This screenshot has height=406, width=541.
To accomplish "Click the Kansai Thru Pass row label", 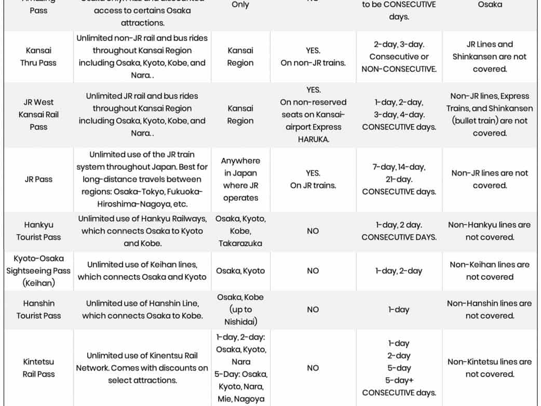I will (38, 57).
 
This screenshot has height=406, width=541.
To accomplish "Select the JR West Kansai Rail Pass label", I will (38, 114).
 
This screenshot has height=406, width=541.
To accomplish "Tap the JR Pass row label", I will (38, 179).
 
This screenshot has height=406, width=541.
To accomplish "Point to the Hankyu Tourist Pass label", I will (38, 231).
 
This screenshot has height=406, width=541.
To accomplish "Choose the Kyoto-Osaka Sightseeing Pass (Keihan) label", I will (38, 270).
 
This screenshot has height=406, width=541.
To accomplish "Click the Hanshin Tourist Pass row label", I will (38, 309).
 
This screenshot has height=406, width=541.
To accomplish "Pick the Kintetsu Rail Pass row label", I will (38, 368).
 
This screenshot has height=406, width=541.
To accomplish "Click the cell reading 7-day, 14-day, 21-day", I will (399, 179).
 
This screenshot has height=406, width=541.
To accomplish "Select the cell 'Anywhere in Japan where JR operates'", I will (240, 179).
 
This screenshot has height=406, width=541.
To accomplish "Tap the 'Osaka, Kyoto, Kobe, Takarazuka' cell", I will (240, 231).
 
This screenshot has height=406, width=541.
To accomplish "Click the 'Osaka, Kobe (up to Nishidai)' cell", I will (240, 309).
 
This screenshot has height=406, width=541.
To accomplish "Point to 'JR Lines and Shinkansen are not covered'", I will (489, 57).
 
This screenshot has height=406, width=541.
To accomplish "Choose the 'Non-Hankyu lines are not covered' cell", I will (489, 231).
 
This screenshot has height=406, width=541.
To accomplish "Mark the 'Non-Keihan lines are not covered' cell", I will (489, 270).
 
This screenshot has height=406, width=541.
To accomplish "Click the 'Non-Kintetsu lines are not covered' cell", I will (489, 368).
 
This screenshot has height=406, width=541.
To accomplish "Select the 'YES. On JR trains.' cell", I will (313, 179).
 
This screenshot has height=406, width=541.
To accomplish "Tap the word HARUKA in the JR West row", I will (313, 139).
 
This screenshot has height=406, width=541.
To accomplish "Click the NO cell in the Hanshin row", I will (313, 309).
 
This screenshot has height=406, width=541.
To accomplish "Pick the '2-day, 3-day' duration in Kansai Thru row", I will (399, 44).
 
